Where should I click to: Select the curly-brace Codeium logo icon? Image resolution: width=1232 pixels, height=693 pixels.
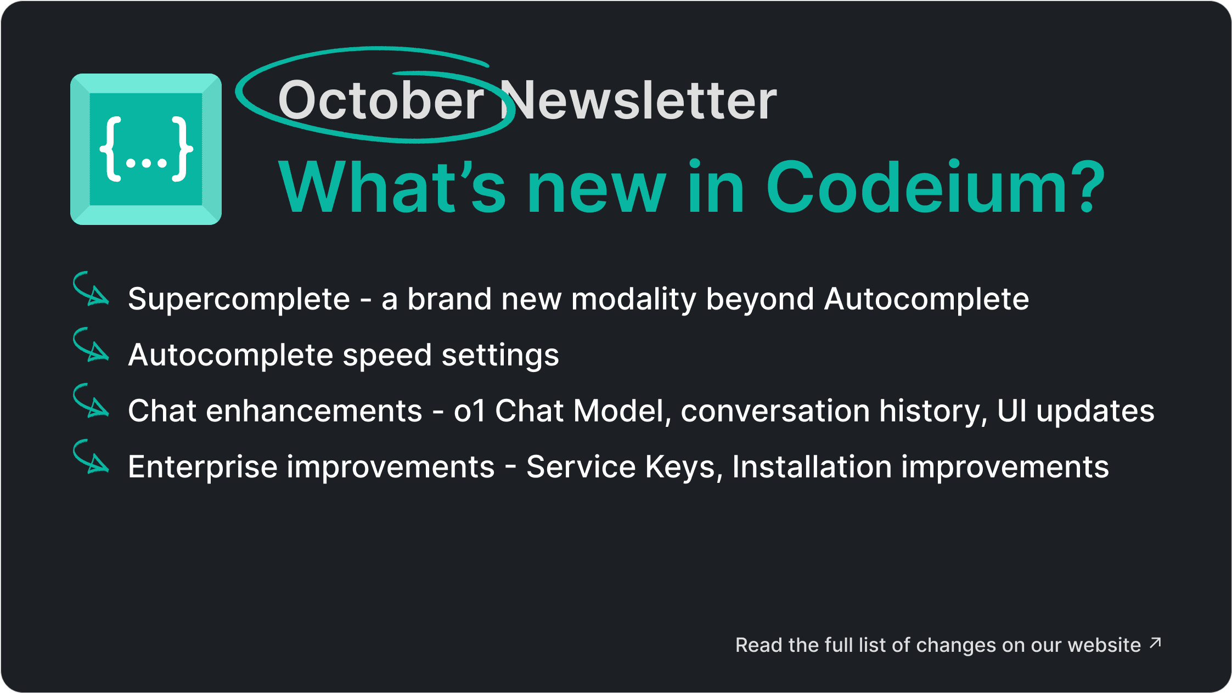pos(146,149)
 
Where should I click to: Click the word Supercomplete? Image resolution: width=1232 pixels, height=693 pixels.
pos(239,300)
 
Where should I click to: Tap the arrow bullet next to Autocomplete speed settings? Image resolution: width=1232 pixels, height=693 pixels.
pos(91,345)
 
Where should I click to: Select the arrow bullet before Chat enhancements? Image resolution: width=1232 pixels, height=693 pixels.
pos(91,401)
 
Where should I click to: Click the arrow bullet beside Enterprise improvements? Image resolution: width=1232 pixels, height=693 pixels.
pos(91,457)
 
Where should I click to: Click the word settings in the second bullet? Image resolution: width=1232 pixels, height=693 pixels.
pos(500,356)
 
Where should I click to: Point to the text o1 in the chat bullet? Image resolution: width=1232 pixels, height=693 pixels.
pos(470,411)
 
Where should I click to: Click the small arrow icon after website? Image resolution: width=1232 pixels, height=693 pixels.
pos(1155,643)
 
